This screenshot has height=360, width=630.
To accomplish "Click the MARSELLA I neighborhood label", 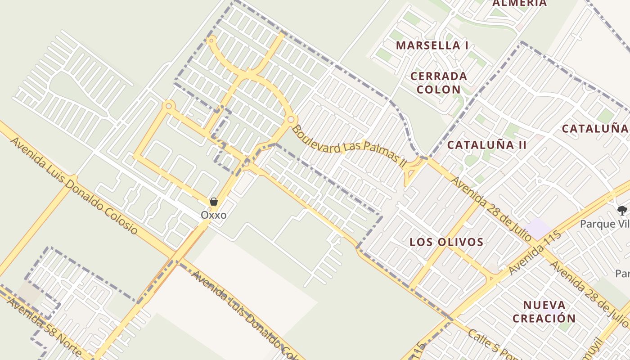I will [432, 45].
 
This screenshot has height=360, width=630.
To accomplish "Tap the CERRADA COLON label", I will [439, 83].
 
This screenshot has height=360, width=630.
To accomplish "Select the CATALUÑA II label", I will [486, 144].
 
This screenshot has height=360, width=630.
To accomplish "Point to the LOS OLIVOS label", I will [446, 242].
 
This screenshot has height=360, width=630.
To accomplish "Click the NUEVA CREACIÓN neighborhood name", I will [544, 312].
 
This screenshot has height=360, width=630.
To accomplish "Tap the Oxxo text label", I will [214, 215].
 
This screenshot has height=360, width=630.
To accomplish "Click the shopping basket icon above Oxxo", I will [214, 202].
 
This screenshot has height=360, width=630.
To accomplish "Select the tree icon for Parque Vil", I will [622, 210].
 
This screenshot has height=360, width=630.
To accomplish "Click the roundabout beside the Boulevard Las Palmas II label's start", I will [291, 120].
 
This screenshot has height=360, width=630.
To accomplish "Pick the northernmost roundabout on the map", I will [211, 40].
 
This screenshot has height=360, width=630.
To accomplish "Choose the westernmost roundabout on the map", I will [169, 106].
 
